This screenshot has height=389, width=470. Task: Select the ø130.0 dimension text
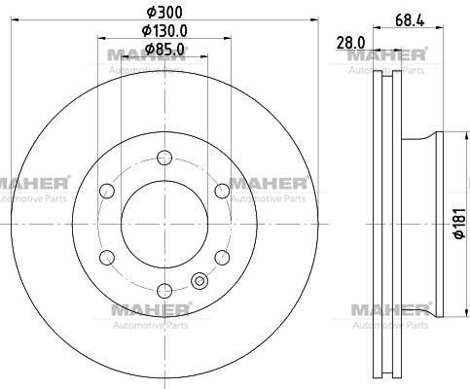point(163,30)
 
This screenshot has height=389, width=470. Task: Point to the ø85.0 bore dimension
point(163,49)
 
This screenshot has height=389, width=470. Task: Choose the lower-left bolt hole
point(106,256)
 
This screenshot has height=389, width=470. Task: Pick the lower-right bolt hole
point(221,256)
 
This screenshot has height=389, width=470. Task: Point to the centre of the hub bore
point(163,223)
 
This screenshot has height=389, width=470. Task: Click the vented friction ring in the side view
point(387,223)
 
